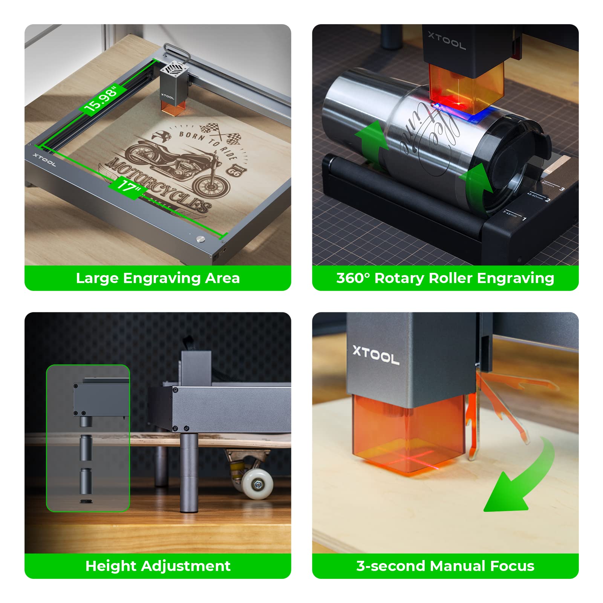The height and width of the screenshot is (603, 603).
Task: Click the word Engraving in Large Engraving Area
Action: (162, 278)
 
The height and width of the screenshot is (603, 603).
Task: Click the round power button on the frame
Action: (200, 239)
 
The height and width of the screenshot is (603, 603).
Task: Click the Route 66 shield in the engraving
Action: (234, 171)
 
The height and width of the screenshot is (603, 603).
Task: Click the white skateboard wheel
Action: (257, 484)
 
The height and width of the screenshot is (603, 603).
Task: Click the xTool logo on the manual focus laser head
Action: (376, 355)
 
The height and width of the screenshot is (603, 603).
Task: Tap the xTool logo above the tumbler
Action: (447, 40)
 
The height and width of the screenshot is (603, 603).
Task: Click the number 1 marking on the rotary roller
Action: (524, 218)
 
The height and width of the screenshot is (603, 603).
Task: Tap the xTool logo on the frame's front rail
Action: (44, 160)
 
